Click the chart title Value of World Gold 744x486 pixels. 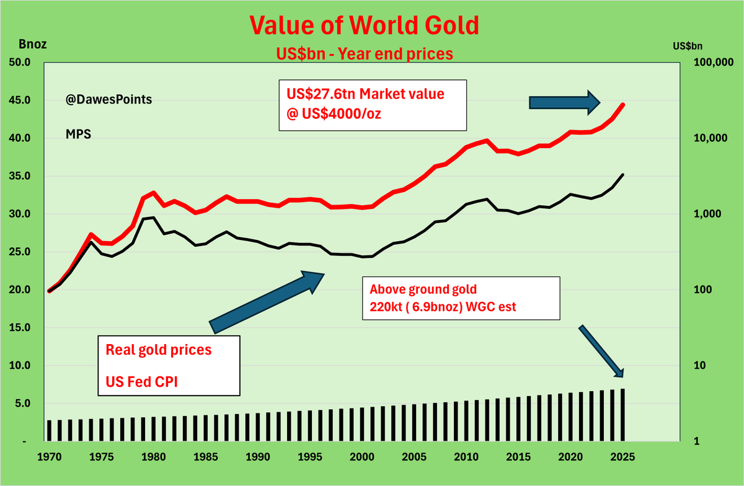364,25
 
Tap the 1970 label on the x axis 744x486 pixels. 49,459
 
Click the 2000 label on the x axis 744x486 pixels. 363,459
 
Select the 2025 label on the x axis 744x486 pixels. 622,459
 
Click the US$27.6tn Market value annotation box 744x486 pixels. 372,105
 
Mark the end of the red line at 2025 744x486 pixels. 622,105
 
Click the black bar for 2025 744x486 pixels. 622,415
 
